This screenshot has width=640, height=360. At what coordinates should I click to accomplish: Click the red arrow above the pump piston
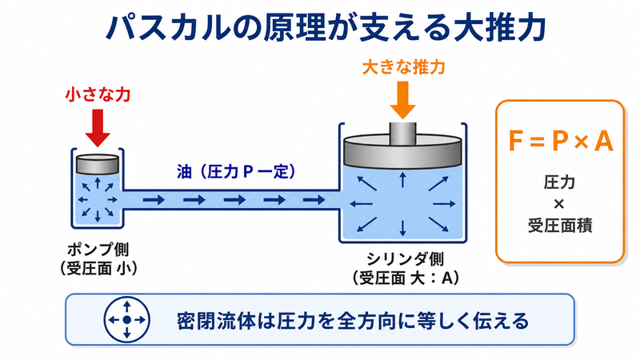pyautogui.click(x=98, y=128)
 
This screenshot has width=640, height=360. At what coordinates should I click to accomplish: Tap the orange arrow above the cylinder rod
pyautogui.click(x=402, y=100)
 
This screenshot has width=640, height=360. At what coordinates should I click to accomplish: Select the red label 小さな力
pyautogui.click(x=98, y=94)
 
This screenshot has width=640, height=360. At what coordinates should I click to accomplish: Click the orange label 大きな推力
pyautogui.click(x=403, y=67)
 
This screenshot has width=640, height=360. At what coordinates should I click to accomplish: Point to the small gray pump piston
pyautogui.click(x=98, y=164)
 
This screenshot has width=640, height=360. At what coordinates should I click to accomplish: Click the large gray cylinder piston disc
pyautogui.click(x=402, y=152)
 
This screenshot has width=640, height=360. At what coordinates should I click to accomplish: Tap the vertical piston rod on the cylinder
pyautogui.click(x=402, y=133)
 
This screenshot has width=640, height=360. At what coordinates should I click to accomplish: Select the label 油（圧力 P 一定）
pyautogui.click(x=236, y=172)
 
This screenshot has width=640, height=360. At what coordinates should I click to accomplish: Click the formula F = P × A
pyautogui.click(x=560, y=142)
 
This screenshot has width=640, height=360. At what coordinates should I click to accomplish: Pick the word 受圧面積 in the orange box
pyautogui.click(x=559, y=226)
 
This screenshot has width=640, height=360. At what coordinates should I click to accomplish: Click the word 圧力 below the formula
pyautogui.click(x=559, y=182)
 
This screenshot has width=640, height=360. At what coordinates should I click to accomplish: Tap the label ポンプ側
pyautogui.click(x=98, y=249)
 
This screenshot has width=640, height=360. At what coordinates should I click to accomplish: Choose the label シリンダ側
pyautogui.click(x=405, y=258)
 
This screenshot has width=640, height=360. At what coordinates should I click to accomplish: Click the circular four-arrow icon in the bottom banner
pyautogui.click(x=127, y=319)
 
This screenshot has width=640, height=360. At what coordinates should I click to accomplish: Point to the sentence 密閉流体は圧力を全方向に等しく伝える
pyautogui.click(x=352, y=321)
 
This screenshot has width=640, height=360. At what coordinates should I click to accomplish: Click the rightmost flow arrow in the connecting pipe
pyautogui.click(x=314, y=200)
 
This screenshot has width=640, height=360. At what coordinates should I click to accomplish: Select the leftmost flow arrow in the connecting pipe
pyautogui.click(x=154, y=200)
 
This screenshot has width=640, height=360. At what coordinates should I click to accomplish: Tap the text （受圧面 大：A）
pyautogui.click(x=406, y=278)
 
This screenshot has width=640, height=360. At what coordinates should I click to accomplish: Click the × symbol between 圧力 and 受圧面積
pyautogui.click(x=558, y=204)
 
